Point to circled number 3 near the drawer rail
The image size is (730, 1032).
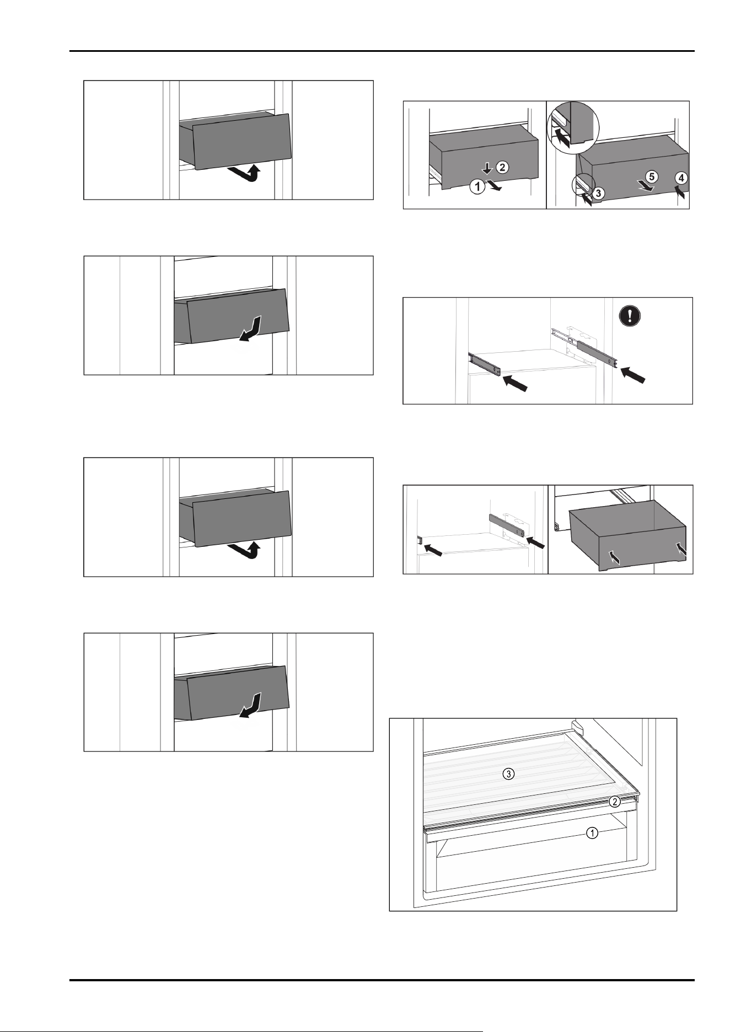pyautogui.click(x=599, y=192)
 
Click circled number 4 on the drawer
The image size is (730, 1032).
pyautogui.click(x=681, y=178)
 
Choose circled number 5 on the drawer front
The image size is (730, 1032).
pyautogui.click(x=652, y=177)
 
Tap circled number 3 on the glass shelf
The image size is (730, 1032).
pyautogui.click(x=510, y=774)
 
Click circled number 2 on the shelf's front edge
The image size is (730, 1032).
pyautogui.click(x=616, y=802)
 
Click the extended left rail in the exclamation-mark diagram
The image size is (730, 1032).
pyautogui.click(x=485, y=364)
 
